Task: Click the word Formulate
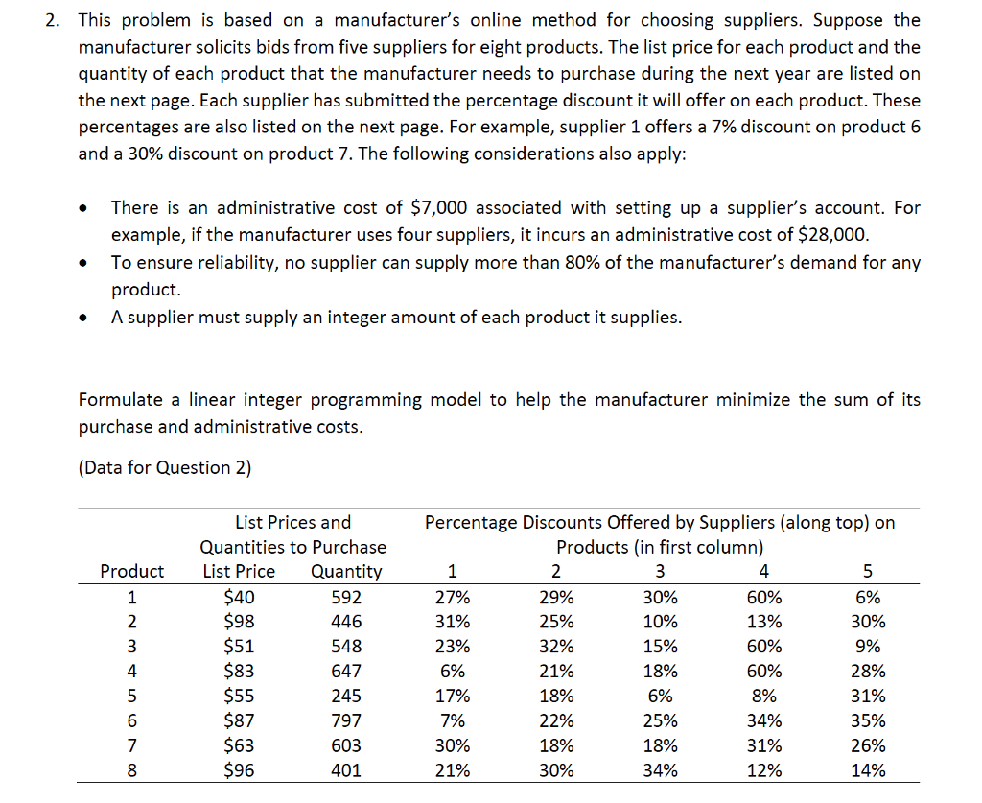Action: (121, 400)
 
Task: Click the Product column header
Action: (132, 572)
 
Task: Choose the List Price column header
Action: (239, 572)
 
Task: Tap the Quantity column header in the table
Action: (346, 572)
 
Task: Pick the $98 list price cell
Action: (239, 622)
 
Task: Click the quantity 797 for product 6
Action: (346, 720)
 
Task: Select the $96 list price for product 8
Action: (239, 770)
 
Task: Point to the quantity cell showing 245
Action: (346, 696)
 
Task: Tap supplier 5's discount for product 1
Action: (867, 597)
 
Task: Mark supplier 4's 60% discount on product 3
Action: (763, 647)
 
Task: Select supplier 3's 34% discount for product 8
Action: (660, 770)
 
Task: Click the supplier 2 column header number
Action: (556, 572)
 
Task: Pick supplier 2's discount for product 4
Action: (556, 672)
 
